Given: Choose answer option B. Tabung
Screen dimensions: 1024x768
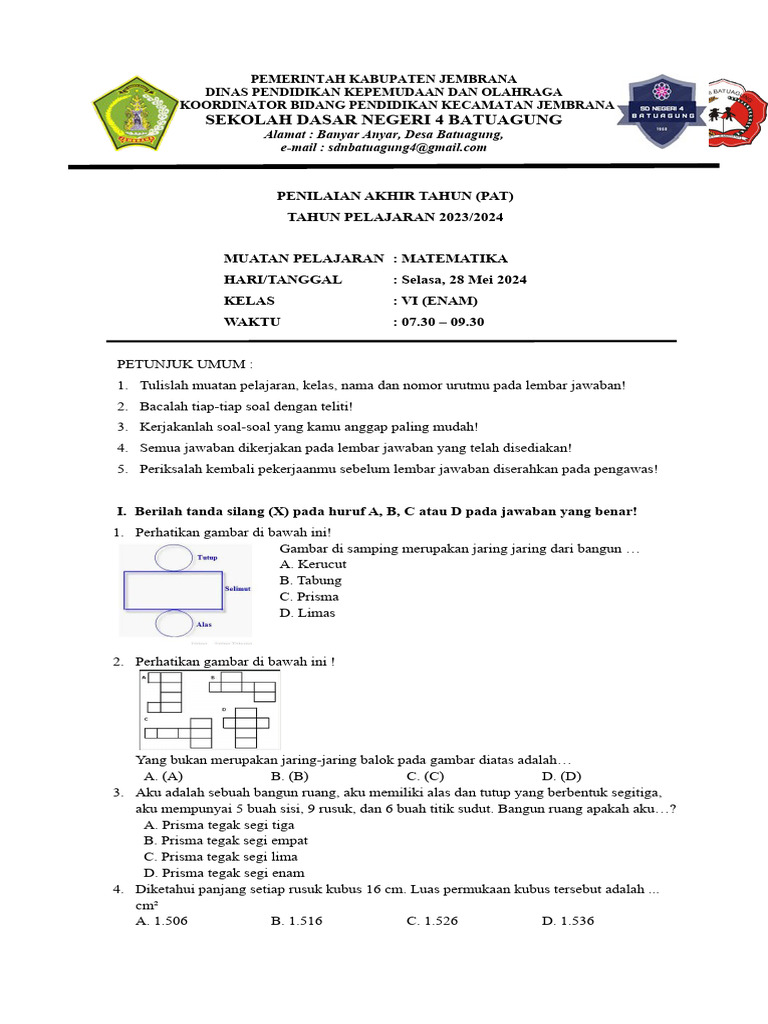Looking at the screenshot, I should pos(311,580).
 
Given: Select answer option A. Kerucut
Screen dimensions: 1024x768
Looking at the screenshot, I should pos(313,564).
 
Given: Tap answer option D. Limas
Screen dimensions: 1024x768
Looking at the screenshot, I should pos(308,613).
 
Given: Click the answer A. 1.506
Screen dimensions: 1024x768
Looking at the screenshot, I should pos(162,920).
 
